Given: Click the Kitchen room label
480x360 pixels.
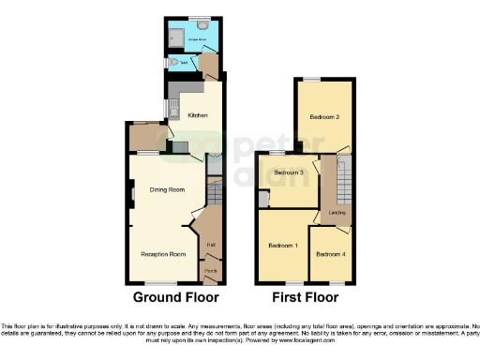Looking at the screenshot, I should (197, 115).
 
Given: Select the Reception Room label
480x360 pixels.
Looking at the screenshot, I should (163, 254).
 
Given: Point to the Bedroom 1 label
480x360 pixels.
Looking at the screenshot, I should (283, 246).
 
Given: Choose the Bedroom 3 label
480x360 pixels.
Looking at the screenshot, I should (289, 172).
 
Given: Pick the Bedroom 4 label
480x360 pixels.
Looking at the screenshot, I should (331, 255).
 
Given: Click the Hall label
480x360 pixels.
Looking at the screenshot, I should (211, 246).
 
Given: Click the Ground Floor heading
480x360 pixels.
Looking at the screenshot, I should (175, 297).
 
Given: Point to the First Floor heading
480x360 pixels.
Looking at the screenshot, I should (305, 297).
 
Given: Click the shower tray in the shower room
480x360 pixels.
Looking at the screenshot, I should (173, 36).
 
